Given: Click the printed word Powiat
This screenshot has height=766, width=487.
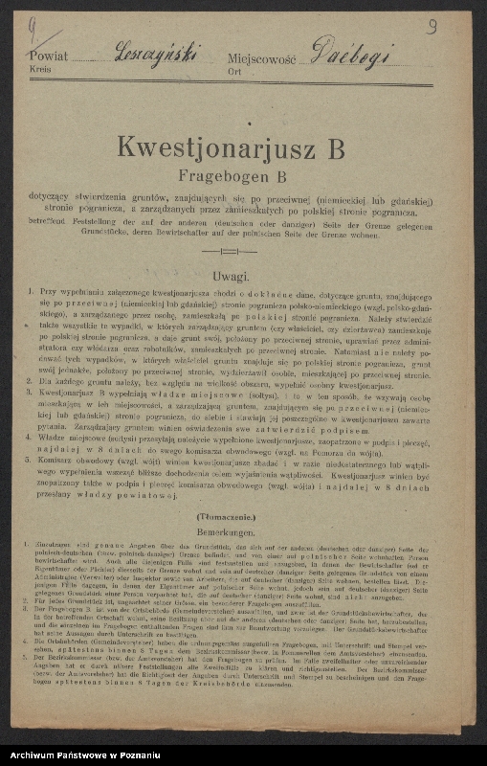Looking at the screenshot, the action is pos(49,56).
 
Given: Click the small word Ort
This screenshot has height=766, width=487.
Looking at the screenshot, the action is pos(235,71).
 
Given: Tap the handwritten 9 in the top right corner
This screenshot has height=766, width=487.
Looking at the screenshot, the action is pos(432,27).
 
